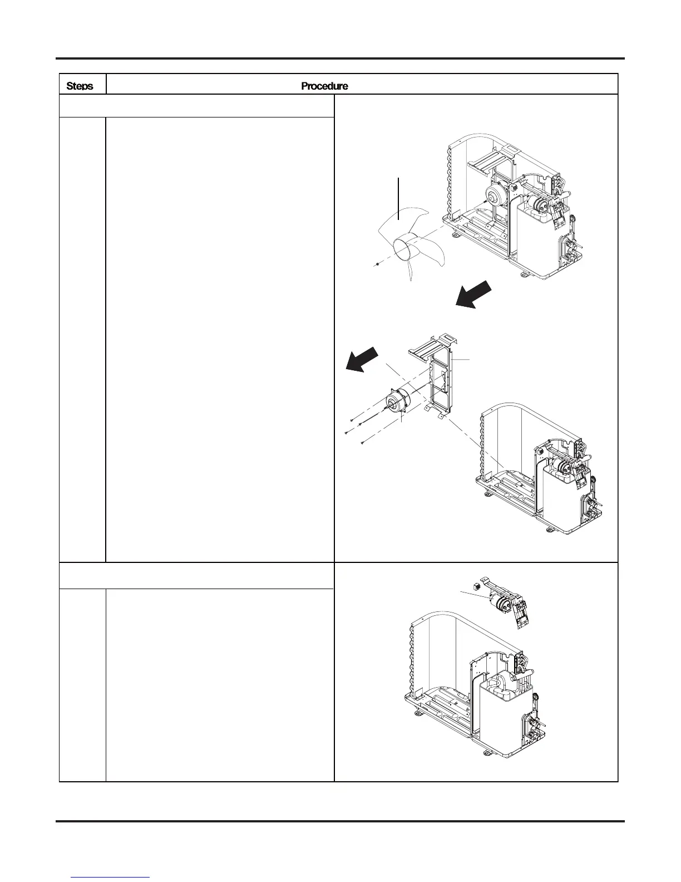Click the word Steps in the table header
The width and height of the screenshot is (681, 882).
[x=80, y=86]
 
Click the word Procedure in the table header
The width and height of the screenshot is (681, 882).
[x=324, y=86]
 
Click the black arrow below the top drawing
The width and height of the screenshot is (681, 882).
[x=473, y=294]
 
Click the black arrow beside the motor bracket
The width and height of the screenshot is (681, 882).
[x=362, y=360]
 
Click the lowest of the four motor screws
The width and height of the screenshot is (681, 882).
[x=362, y=443]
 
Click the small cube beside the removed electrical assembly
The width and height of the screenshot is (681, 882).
[x=476, y=586]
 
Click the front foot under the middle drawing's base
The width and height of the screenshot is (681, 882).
[x=549, y=528]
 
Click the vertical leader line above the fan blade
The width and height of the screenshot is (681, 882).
[x=399, y=198]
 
